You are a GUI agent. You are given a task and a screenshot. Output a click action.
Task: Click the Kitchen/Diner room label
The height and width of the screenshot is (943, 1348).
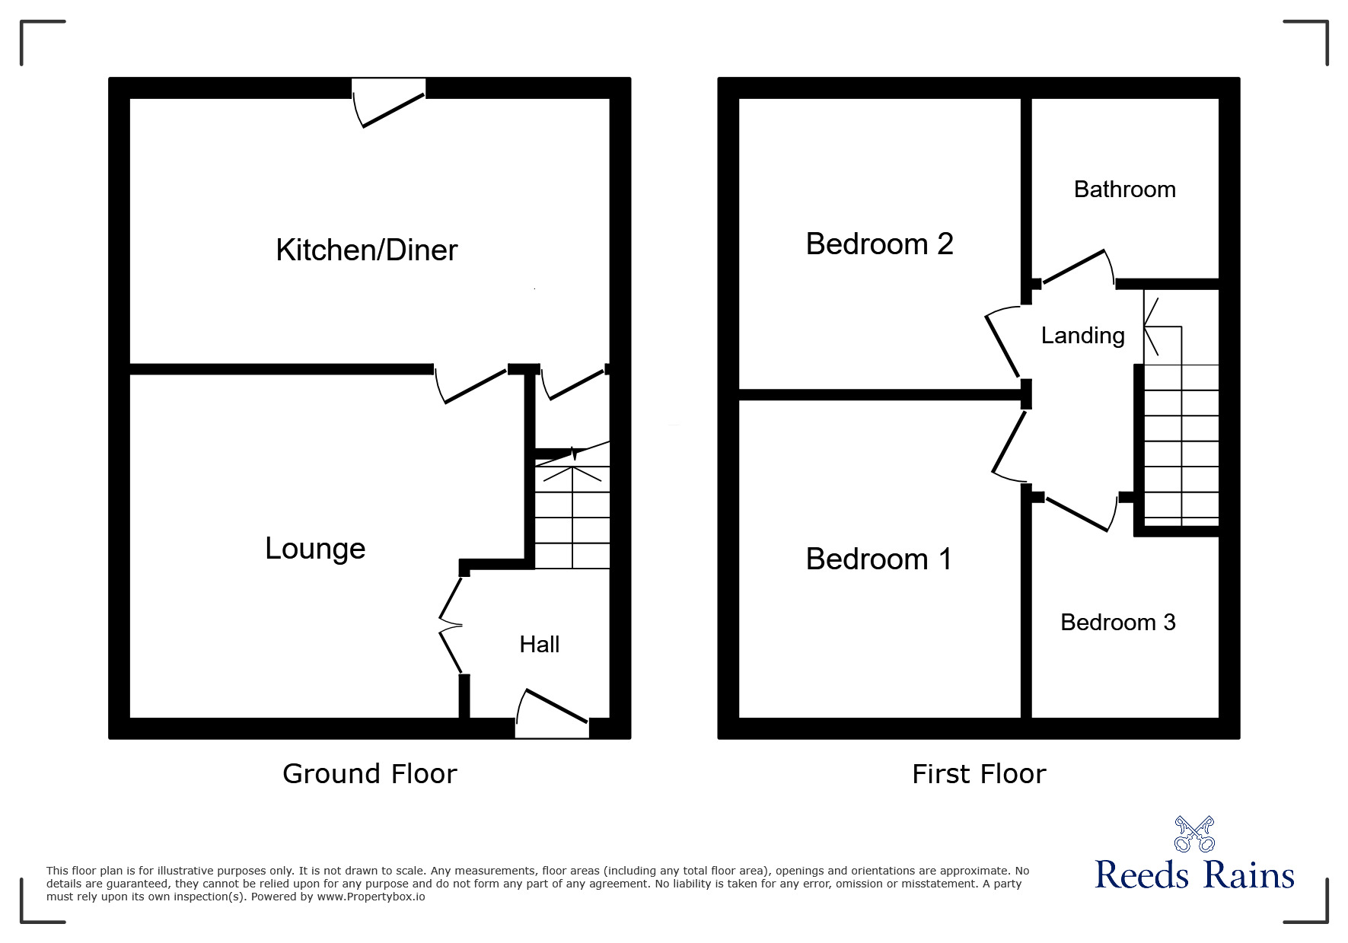coord(366,250)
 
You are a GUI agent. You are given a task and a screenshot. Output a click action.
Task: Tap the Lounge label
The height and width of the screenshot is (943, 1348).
coord(315,548)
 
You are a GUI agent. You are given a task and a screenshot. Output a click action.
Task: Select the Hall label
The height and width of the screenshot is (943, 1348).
coord(539,645)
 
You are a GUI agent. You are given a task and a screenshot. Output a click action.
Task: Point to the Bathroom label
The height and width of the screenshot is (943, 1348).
coord(1124,189)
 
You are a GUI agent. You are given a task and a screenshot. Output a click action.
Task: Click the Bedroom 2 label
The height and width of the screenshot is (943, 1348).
coord(879,244)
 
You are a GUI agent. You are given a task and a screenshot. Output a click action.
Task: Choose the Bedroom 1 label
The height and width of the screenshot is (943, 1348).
coord(878,559)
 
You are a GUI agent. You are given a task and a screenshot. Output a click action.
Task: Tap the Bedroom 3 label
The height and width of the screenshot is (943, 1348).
coord(1117,622)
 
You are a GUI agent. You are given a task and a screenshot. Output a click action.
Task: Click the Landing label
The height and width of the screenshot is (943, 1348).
coord(1082,335)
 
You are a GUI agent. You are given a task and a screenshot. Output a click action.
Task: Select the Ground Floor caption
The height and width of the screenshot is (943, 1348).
coord(369,773)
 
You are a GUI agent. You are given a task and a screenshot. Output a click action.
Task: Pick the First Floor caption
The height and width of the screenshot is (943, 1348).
coord(979,774)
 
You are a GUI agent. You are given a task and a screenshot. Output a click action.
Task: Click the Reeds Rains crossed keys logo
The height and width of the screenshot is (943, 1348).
coord(1194,834)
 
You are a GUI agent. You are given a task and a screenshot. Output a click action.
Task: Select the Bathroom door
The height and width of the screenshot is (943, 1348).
coord(1076,268)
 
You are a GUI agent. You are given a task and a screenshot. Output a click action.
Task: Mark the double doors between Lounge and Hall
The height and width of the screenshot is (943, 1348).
coord(451,626)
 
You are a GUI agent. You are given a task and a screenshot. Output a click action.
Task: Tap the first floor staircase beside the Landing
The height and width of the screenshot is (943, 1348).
coord(1181,445)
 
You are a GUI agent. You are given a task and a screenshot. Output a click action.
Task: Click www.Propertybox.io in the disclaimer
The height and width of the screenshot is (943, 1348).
coord(371,897)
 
